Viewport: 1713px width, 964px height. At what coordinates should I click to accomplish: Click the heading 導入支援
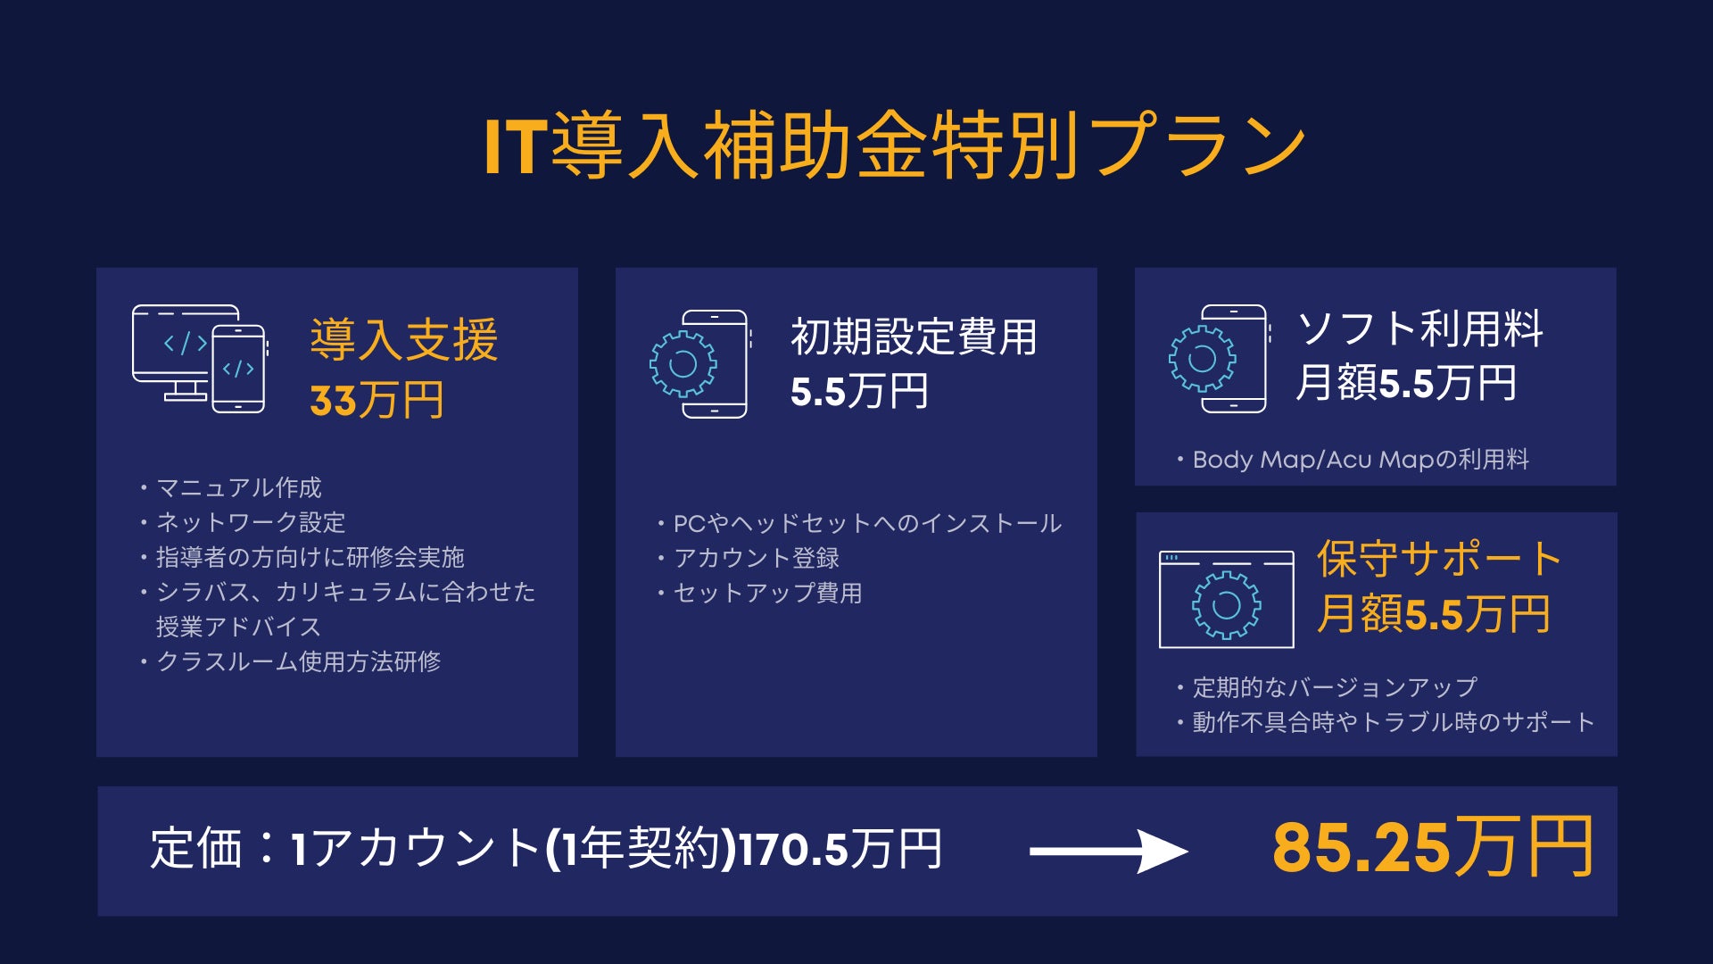(404, 340)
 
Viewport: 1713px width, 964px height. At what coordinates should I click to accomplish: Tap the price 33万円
(377, 400)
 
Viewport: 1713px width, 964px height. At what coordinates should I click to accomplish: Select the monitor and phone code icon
(199, 359)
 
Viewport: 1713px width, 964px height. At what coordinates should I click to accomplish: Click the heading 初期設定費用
(914, 337)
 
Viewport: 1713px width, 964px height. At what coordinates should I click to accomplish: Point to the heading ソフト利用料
(1419, 328)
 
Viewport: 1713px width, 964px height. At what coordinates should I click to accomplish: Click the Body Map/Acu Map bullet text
(1360, 460)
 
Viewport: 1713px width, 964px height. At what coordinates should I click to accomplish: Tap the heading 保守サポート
(1439, 560)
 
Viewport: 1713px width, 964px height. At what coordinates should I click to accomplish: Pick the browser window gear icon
(1226, 599)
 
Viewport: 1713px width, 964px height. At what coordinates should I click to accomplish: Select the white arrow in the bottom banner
(1108, 851)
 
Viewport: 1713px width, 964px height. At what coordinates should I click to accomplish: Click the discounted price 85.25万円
(1432, 847)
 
